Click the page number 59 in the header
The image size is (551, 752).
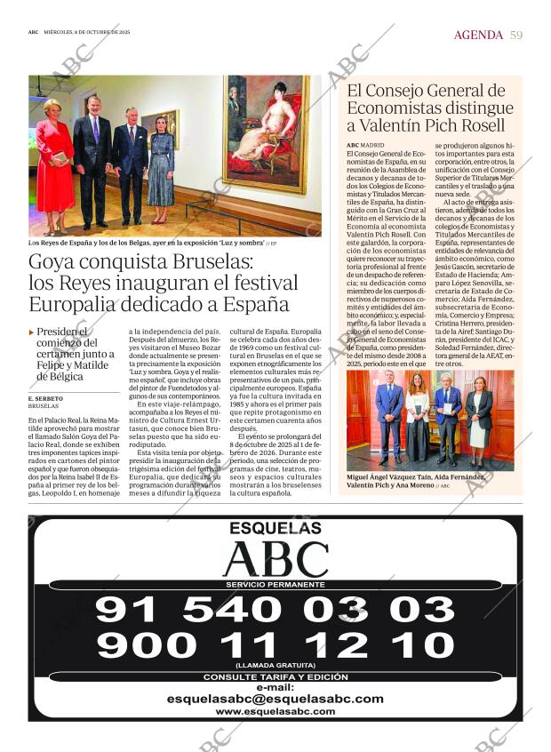pyautogui.click(x=516, y=35)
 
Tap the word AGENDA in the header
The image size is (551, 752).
pyautogui.click(x=478, y=35)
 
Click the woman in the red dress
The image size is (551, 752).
pyautogui.click(x=54, y=164)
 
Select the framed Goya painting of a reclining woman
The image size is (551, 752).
pyautogui.click(x=265, y=133)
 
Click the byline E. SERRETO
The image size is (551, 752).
pyautogui.click(x=45, y=399)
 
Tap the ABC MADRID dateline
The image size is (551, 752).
pyautogui.click(x=365, y=144)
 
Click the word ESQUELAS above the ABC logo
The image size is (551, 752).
pyautogui.click(x=275, y=529)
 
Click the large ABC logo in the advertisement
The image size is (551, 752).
pyautogui.click(x=275, y=559)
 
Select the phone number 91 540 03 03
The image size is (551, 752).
pyautogui.click(x=275, y=610)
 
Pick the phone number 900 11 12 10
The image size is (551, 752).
pyautogui.click(x=275, y=644)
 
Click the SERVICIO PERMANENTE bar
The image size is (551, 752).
pyautogui.click(x=275, y=584)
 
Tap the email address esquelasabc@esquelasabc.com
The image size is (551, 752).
pyautogui.click(x=275, y=699)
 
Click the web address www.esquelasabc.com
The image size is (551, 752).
pyautogui.click(x=275, y=712)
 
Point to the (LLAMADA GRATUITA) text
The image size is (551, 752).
pyautogui.click(x=275, y=665)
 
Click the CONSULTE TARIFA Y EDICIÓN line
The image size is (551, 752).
pyautogui.click(x=275, y=677)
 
